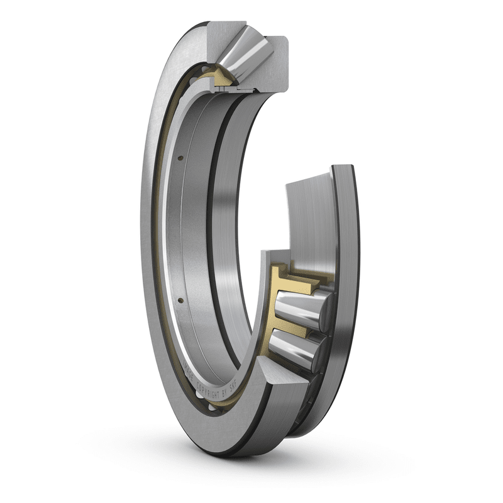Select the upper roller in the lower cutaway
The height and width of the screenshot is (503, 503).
(x=301, y=308)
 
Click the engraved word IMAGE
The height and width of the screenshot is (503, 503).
(x=189, y=371)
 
